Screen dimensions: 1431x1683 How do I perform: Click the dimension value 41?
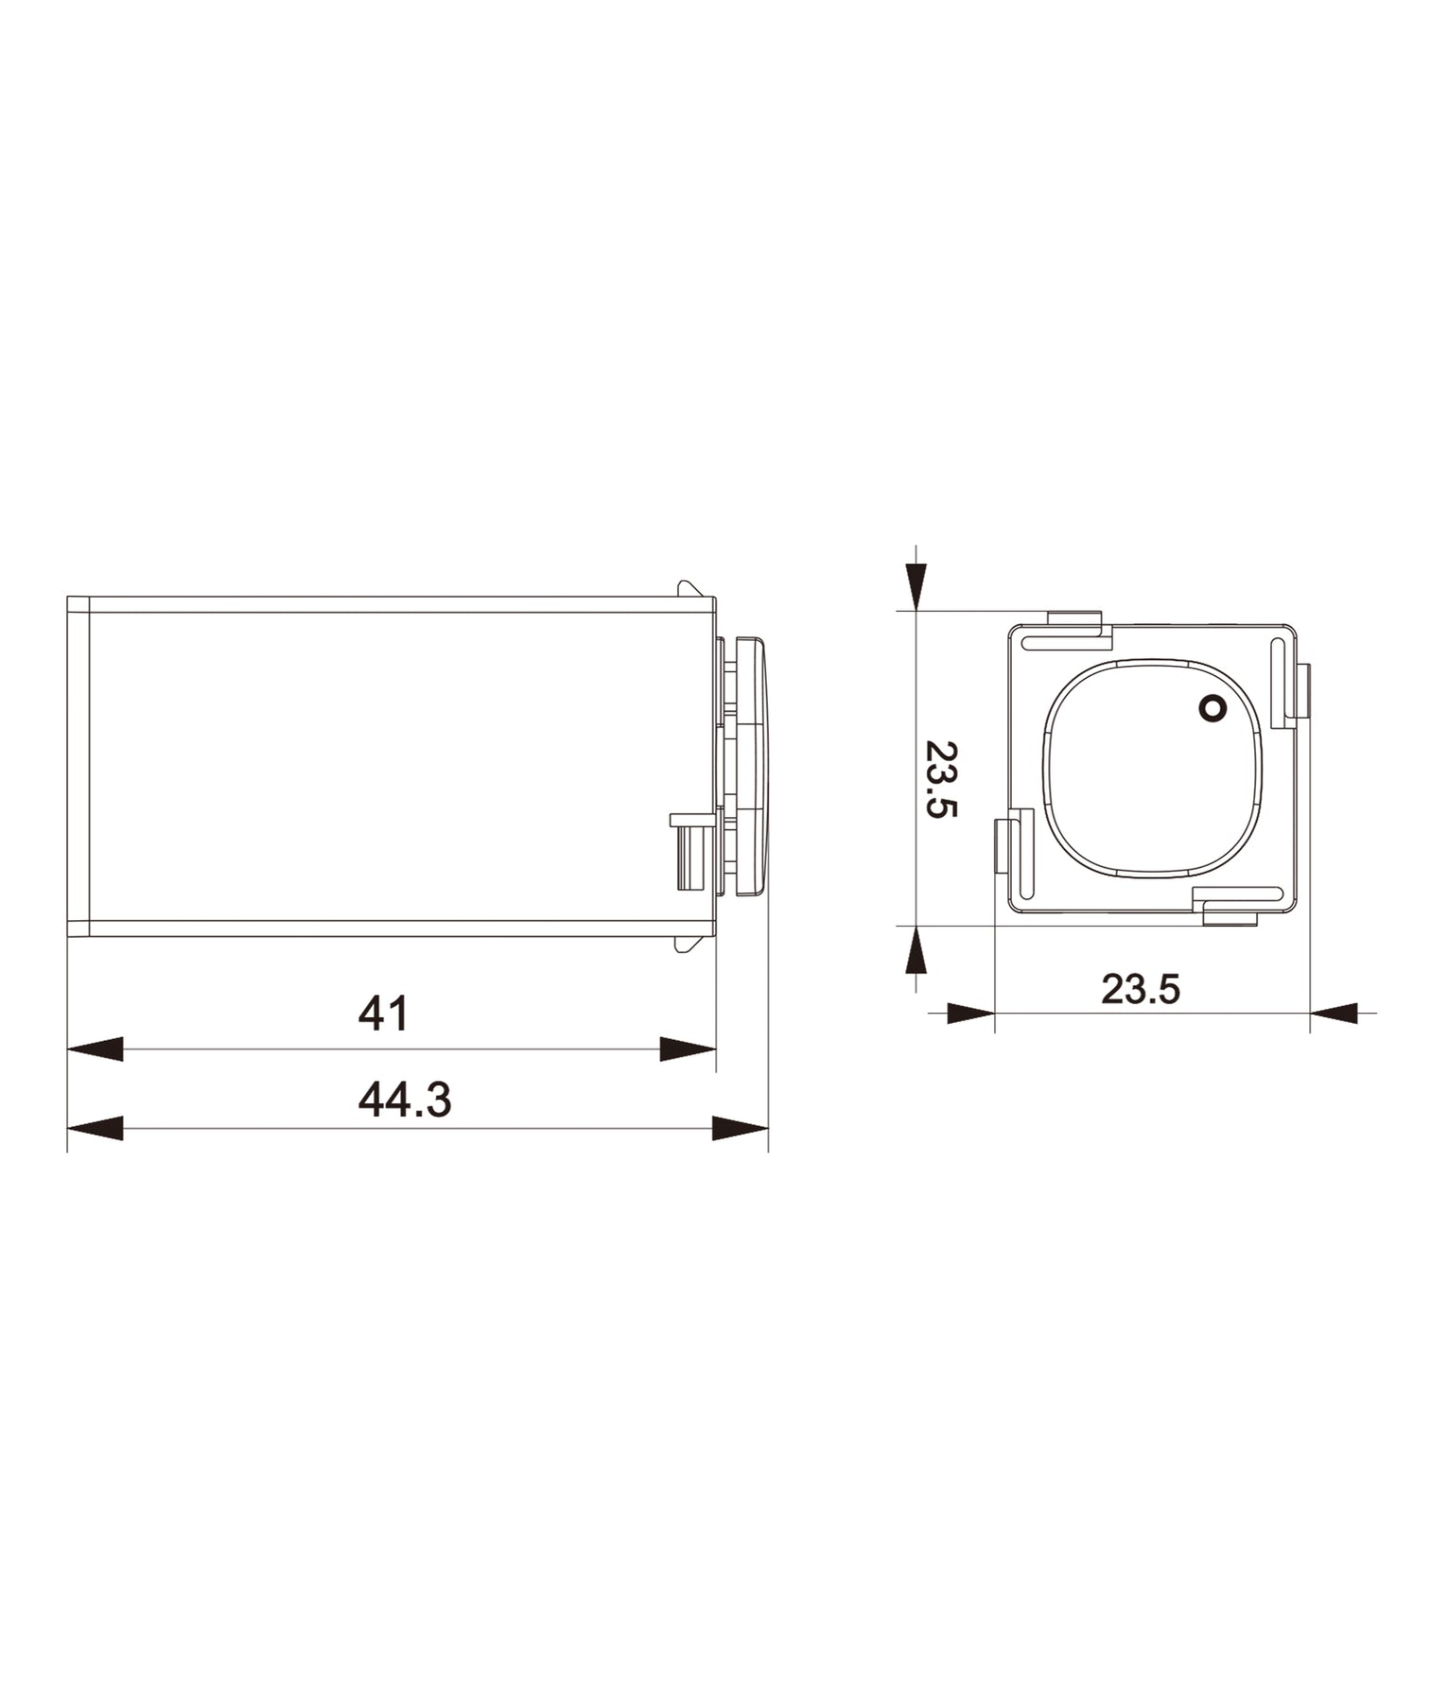point(383,1013)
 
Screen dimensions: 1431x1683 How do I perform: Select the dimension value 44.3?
point(405,1100)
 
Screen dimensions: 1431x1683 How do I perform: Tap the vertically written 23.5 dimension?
point(941,779)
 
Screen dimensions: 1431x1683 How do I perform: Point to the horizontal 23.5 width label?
point(1141,989)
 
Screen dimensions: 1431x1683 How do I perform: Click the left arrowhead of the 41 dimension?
point(95,1049)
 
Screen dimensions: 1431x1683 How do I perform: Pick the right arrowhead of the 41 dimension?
point(688,1049)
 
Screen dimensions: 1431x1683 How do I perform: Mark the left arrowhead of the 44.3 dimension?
point(95,1128)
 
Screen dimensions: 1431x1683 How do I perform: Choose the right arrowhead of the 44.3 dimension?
point(740,1128)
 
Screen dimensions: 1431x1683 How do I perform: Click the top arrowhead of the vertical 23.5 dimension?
point(916,586)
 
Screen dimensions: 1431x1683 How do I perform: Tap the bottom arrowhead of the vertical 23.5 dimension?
point(916,949)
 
